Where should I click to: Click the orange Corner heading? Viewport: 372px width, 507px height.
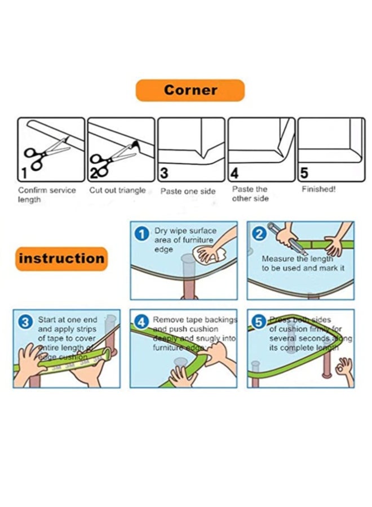click(x=190, y=90)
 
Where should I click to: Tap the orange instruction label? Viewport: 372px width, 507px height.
click(x=61, y=259)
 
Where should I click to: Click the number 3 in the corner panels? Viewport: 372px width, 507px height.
click(x=164, y=172)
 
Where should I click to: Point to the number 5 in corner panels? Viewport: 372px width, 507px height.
click(x=304, y=172)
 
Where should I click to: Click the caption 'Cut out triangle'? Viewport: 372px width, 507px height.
click(x=117, y=190)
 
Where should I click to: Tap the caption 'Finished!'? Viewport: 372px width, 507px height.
click(x=318, y=189)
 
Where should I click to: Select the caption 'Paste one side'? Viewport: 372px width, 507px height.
click(x=188, y=192)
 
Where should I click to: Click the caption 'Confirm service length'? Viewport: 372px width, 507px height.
click(x=46, y=195)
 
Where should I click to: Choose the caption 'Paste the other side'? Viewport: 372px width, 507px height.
click(x=250, y=194)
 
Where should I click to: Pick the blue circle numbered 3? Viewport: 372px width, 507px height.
click(x=25, y=322)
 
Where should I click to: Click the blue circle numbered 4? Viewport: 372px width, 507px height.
click(x=142, y=322)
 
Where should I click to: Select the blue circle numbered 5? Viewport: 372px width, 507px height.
click(x=259, y=322)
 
